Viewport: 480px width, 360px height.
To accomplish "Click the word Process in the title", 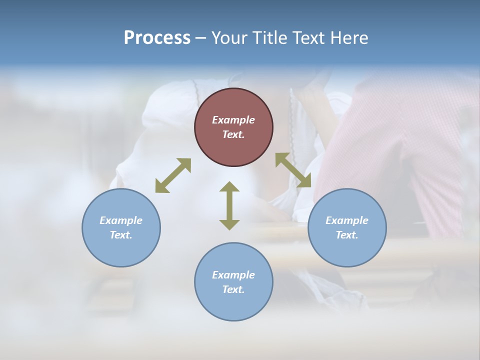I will (x=157, y=38).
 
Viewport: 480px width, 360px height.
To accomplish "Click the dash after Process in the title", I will (x=201, y=38).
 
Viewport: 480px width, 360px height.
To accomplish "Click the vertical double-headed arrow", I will (x=229, y=205).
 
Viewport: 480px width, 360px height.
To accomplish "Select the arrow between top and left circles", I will (x=173, y=175).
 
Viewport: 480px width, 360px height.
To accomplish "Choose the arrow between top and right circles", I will (x=293, y=170).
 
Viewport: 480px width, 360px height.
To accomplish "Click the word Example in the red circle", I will (x=233, y=120).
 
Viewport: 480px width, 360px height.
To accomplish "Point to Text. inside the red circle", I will (x=233, y=134).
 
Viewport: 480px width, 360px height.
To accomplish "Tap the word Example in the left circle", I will (x=121, y=220).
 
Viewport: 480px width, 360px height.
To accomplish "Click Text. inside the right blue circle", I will (x=347, y=235).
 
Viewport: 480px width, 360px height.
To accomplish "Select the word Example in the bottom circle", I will (x=233, y=275).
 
